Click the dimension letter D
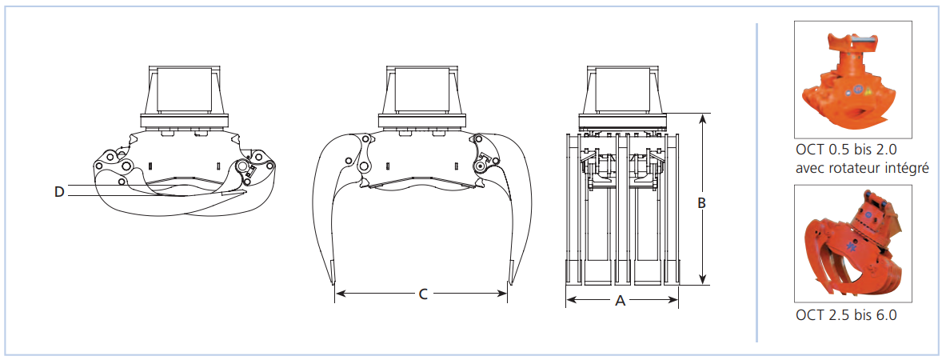[x=58, y=192]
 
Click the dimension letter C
[x=423, y=294]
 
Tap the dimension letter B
[x=701, y=203]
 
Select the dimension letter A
[x=620, y=301]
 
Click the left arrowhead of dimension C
[x=340, y=294]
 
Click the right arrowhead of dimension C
[x=502, y=294]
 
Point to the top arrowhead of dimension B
[x=702, y=118]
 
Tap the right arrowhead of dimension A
[x=673, y=298]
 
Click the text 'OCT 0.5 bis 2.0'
[x=843, y=151]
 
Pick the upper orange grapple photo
[x=852, y=80]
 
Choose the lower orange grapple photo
[x=852, y=243]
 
